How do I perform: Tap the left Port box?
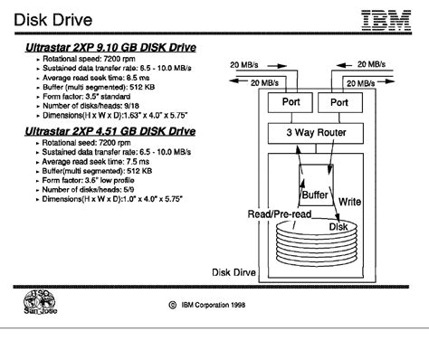coord(291,102)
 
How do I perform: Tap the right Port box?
coord(344,102)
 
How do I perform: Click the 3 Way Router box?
coord(318,133)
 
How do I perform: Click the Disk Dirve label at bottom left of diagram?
coord(236,270)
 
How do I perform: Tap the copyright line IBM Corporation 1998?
coord(214,306)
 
